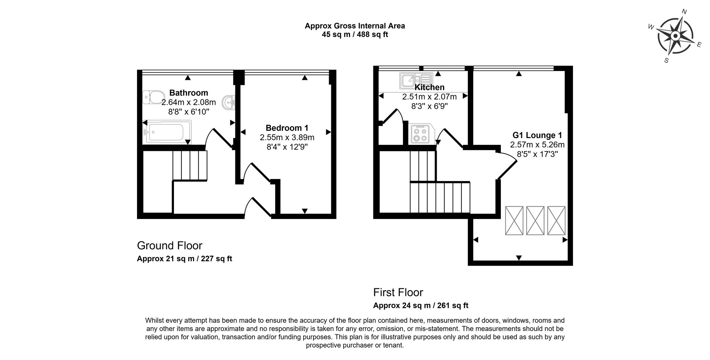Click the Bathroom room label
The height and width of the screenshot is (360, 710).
point(189,93)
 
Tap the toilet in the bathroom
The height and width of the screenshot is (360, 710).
point(153,97)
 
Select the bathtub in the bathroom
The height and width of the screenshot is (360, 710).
point(167,132)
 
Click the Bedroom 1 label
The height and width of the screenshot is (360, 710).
point(287,128)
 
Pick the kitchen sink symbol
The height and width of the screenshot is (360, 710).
point(416,81)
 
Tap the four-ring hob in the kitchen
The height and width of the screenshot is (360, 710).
point(420,133)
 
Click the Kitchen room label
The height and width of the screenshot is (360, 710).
point(430,87)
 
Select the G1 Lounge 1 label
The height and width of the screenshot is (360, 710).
point(537,135)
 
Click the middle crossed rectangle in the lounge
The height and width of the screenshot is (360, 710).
point(535,220)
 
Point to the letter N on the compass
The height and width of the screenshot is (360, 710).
point(684,22)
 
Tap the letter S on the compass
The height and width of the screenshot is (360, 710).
point(666,60)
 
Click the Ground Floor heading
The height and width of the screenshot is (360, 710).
point(170,246)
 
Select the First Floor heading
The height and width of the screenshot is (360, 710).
point(398,293)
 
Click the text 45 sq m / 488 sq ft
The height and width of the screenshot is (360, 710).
point(355,35)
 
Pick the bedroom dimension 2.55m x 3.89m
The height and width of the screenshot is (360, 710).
point(287,137)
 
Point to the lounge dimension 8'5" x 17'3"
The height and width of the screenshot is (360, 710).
point(537,154)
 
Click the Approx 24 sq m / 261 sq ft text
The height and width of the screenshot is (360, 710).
point(421,305)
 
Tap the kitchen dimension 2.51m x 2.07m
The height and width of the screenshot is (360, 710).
point(430,97)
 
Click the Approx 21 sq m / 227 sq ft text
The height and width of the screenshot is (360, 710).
point(185,259)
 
